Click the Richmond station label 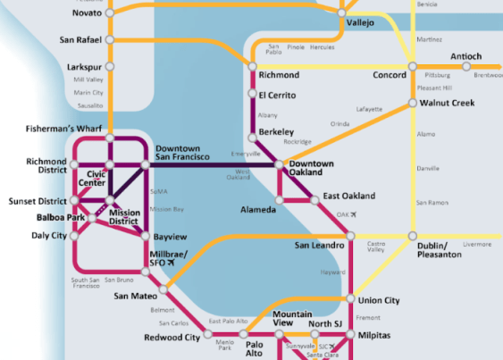[278, 75]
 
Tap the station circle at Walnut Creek [412, 104]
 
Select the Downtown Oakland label [312, 167]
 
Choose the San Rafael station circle [109, 39]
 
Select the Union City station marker [352, 300]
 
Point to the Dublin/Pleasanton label [440, 248]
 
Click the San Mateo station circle [163, 291]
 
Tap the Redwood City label [172, 338]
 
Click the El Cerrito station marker [251, 95]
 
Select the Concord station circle [412, 66]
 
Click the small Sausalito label [88, 105]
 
